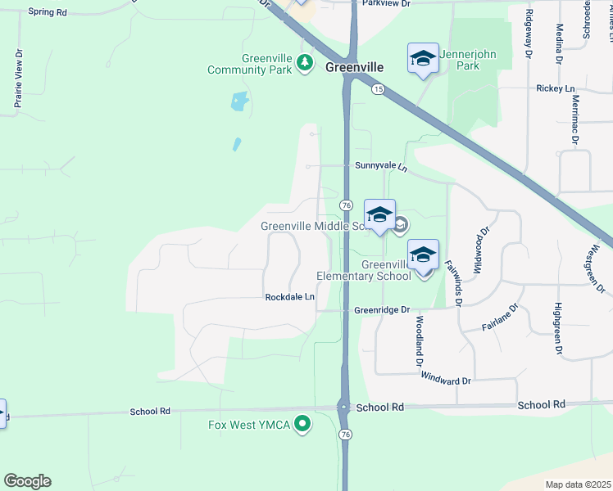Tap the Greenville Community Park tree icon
coord(305,62)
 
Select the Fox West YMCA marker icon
coord(302,424)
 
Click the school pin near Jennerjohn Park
coord(423,59)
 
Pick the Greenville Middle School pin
coord(379,215)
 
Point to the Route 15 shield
coord(377,89)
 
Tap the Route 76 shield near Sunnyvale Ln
coord(347,205)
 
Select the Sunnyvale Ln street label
coord(381,165)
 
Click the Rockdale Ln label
coord(289,297)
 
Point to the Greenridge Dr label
coord(381,310)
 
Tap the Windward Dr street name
coord(446,380)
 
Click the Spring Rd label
coord(46,12)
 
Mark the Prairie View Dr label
coord(17,79)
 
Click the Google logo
coord(27,481)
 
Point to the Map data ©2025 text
coord(577,484)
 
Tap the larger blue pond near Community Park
coord(239,102)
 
